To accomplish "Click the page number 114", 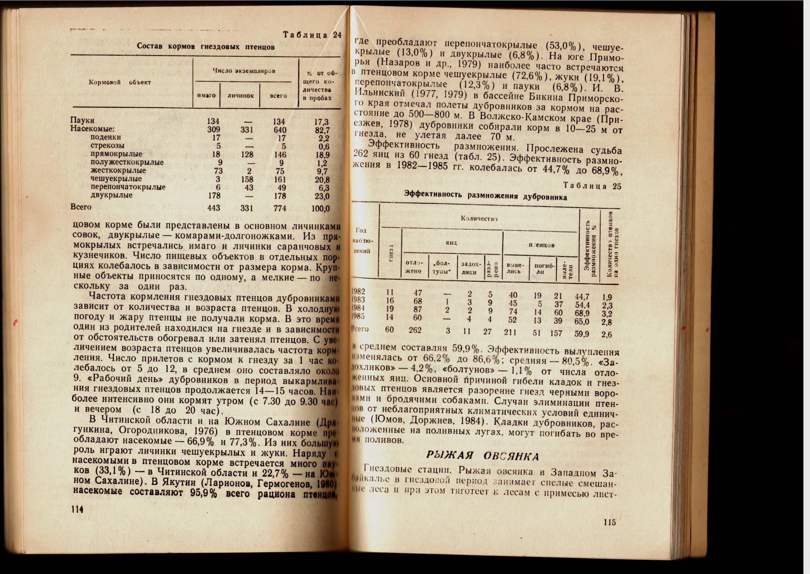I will tap(77, 509).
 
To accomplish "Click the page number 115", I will tap(610, 522).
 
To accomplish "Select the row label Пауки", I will tap(82, 120).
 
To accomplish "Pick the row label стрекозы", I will tap(107, 146).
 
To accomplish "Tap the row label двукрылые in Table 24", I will tap(112, 195).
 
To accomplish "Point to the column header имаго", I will tap(206, 95).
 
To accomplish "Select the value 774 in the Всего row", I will tap(280, 209).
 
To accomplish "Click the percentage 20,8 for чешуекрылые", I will tap(322, 179).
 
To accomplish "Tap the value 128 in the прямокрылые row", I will tap(247, 154).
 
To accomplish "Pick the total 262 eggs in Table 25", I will tap(415, 330).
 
